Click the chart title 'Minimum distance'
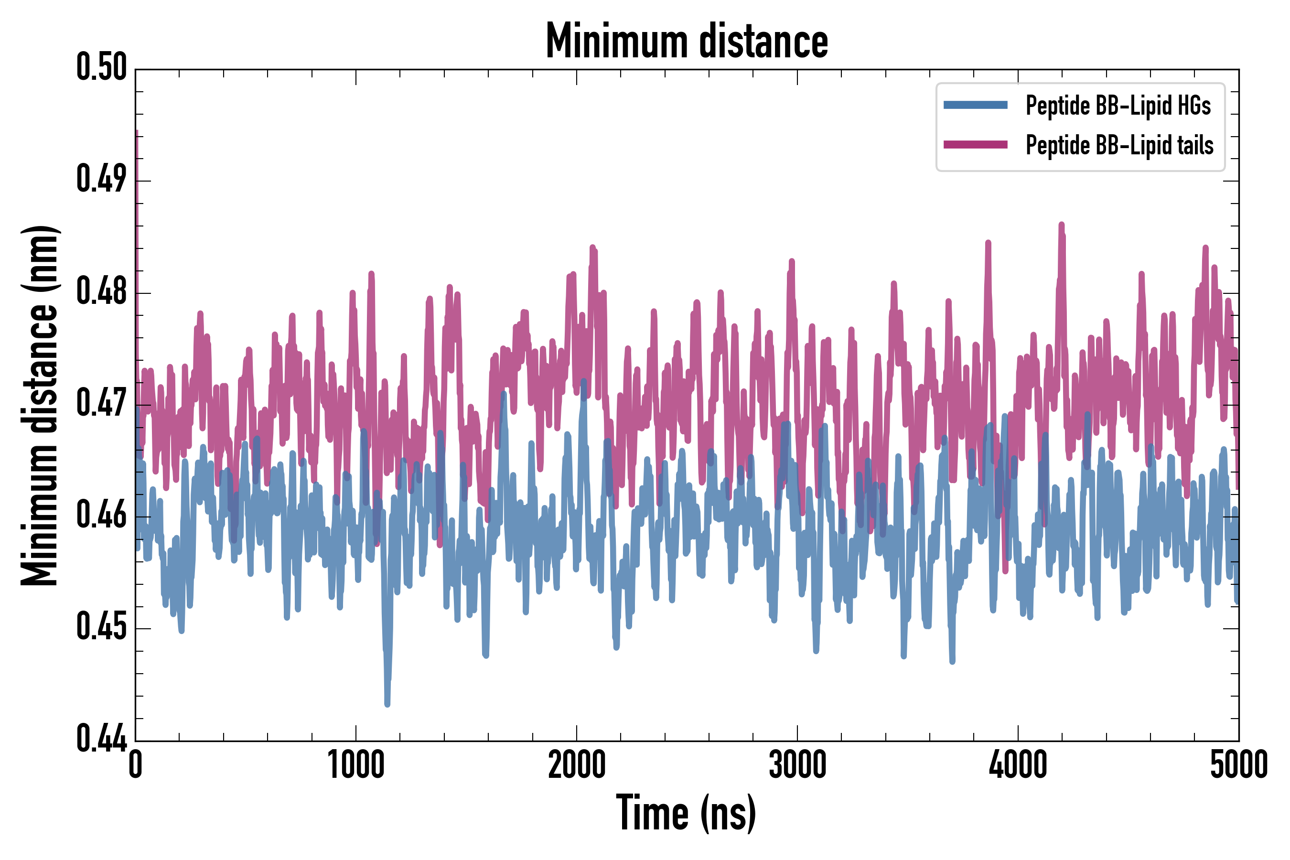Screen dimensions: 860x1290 (x=687, y=41)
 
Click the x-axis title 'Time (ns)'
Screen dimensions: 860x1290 (x=686, y=813)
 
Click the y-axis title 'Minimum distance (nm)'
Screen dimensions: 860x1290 (x=40, y=405)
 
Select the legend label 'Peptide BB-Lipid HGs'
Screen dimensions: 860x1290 (x=1118, y=105)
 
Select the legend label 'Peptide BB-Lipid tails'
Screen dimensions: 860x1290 (x=1119, y=145)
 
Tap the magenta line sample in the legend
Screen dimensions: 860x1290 (x=975, y=145)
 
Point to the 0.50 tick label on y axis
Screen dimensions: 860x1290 (x=101, y=67)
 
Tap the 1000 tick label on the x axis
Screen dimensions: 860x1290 (x=356, y=764)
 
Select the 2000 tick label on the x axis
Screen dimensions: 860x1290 (x=577, y=764)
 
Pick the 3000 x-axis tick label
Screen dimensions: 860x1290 (x=797, y=764)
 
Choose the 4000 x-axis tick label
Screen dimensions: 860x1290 (x=1017, y=764)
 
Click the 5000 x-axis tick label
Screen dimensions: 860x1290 (x=1238, y=764)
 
